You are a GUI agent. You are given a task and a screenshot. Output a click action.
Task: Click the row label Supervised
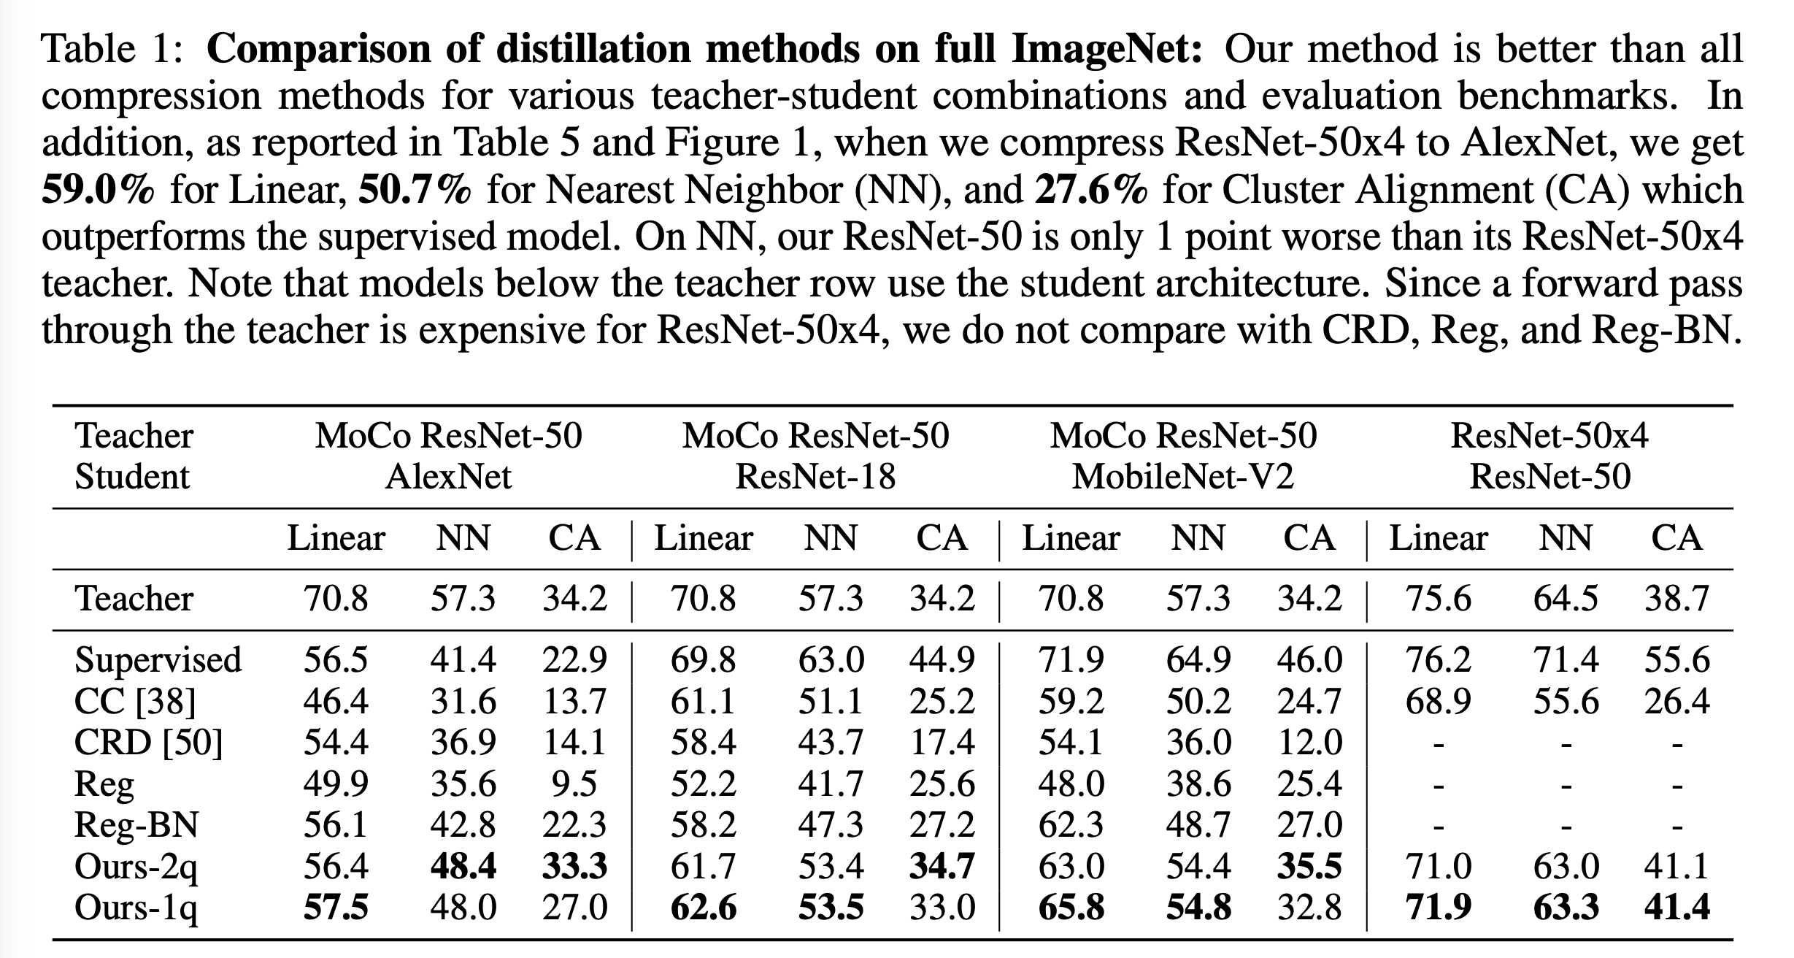(158, 660)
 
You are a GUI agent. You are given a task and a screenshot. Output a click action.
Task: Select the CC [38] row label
(135, 702)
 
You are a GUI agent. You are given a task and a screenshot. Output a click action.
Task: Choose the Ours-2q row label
(136, 867)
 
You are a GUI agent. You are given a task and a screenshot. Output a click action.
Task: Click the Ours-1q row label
(136, 908)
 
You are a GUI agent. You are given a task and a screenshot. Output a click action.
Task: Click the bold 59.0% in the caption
(99, 190)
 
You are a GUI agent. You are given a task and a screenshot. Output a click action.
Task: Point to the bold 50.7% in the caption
(415, 190)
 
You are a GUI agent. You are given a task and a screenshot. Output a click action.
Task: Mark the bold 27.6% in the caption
(1091, 190)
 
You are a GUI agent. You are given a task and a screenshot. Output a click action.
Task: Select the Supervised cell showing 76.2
(1438, 660)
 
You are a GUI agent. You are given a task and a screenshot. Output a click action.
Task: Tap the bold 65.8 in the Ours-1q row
(1071, 908)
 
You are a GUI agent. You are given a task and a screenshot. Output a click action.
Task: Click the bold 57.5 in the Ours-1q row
(336, 908)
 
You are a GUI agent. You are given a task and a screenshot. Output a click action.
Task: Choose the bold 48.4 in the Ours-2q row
(463, 867)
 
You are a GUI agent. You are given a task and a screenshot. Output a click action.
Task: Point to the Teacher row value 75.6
(1438, 599)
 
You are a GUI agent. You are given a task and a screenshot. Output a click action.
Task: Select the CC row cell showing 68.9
(1438, 702)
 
